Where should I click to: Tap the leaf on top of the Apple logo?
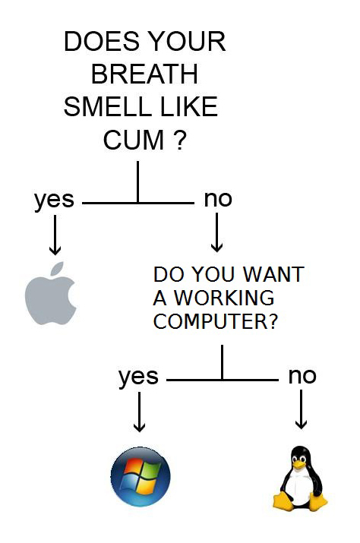[x=58, y=268]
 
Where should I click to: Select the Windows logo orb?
[x=141, y=476]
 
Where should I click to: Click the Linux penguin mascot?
[x=299, y=478]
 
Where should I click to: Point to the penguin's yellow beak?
[x=299, y=465]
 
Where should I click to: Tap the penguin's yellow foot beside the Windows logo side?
[x=283, y=501]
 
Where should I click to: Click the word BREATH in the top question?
[x=144, y=74]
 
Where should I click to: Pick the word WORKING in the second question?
[x=224, y=298]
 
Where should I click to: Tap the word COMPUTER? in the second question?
[x=215, y=321]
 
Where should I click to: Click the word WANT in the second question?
[x=273, y=274]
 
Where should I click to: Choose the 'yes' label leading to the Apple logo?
[x=54, y=200]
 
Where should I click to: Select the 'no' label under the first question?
[x=218, y=199]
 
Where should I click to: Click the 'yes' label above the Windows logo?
[x=138, y=377]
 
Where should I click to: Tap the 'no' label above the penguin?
[x=302, y=376]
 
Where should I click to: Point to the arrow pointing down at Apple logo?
[x=55, y=235]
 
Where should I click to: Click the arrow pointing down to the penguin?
[x=301, y=409]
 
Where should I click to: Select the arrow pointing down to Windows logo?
[x=139, y=412]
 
